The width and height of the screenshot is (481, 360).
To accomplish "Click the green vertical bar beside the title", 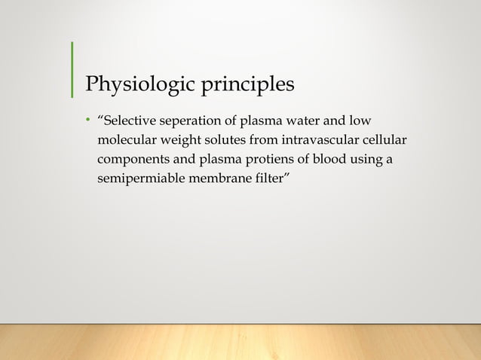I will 72,69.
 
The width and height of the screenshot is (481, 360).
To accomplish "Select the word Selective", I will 129,121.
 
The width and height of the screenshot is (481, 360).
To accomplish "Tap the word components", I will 131,161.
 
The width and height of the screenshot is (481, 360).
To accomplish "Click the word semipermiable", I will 136,181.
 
